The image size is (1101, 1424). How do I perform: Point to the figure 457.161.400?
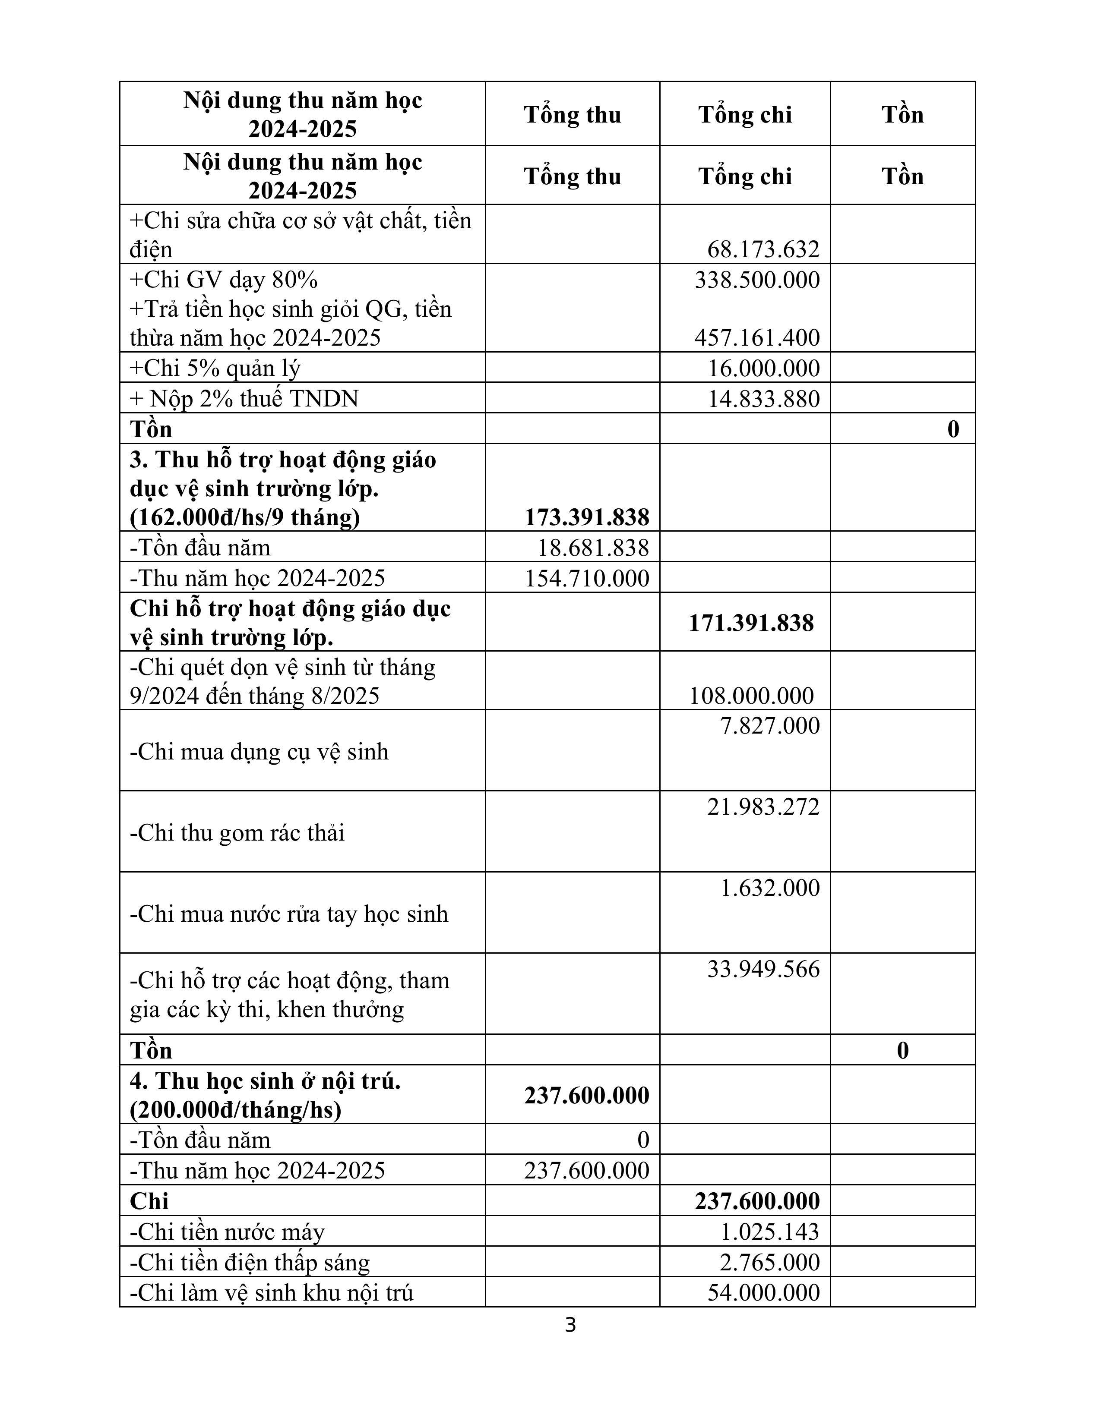point(756,338)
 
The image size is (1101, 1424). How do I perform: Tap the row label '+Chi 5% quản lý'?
point(215,369)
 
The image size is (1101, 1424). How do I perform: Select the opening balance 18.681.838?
point(593,548)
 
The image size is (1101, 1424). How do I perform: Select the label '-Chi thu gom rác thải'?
point(237,833)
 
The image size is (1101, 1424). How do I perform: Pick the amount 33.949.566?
point(762,969)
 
